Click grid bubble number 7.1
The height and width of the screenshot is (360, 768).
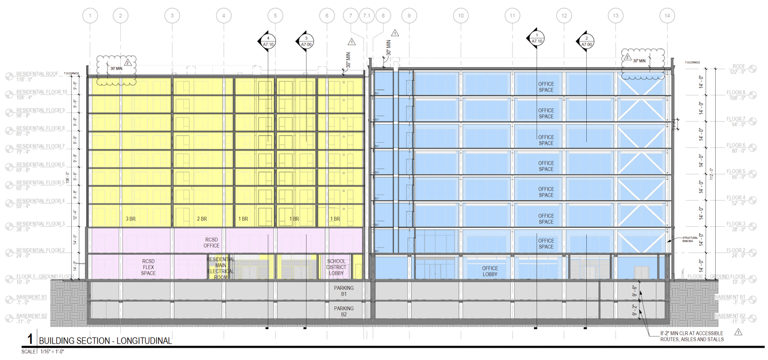coord(367,16)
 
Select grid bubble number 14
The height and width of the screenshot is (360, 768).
coord(667,16)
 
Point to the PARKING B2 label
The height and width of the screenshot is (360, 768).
coord(344,311)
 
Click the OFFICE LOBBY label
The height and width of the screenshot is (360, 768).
coord(490,271)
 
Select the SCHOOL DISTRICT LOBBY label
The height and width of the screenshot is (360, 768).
coord(336,267)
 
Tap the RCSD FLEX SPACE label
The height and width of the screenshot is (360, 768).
coord(148,267)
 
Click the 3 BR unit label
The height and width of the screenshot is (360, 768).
coord(131,219)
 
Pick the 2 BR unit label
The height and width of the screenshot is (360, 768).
coord(202,219)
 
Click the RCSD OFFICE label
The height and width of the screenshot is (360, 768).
coord(212,242)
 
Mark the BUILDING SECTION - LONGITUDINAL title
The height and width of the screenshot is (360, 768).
coord(105,341)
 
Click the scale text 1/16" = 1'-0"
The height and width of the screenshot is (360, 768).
coord(49,352)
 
